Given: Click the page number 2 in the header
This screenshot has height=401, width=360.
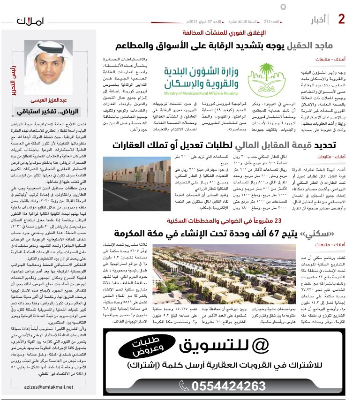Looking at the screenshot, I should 342,19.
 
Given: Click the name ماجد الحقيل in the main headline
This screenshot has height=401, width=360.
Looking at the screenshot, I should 310,46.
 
